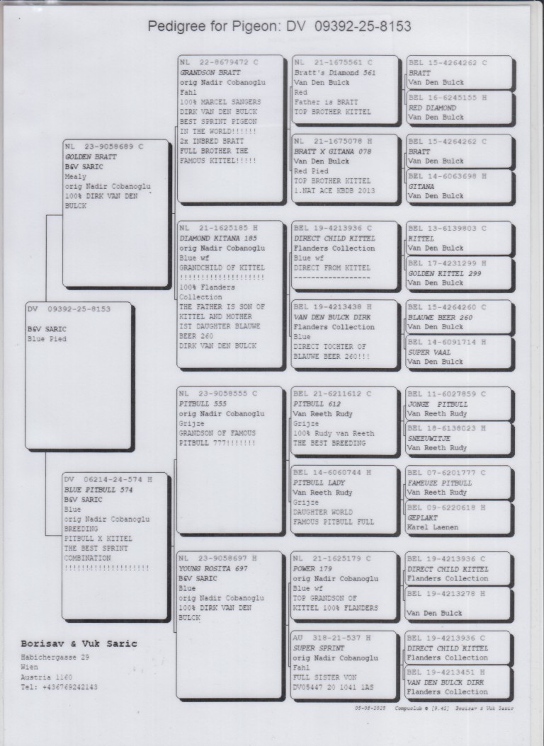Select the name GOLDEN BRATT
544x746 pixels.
coord(91,156)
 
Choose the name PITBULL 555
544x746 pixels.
coord(203,403)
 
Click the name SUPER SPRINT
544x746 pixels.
coord(319,648)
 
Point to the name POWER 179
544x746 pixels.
coord(314,568)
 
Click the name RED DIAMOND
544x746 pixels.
coord(432,108)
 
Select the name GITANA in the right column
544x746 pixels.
coord(421,187)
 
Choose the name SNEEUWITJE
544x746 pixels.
coord(430,439)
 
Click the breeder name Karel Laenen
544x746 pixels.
coord(433,527)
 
